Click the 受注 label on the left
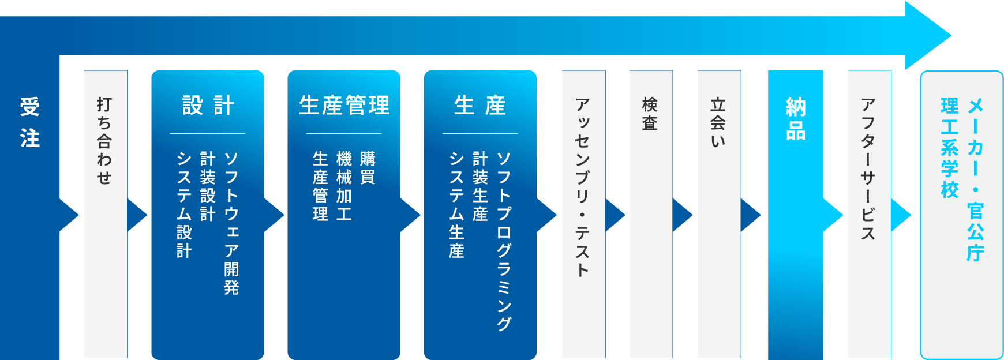tap(30, 123)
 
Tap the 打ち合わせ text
tap(104, 141)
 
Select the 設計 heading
tap(208, 106)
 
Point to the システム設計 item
tap(184, 205)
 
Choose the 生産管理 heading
tap(344, 106)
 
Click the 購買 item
tap(368, 168)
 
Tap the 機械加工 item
tap(344, 186)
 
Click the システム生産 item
tap(456, 205)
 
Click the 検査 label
tap(650, 114)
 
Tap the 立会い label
tap(718, 122)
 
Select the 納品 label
tap(796, 119)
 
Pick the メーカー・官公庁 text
tap(975, 179)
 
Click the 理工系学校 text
tap(949, 148)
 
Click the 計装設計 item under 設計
tap(208, 186)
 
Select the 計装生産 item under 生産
tap(480, 186)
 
